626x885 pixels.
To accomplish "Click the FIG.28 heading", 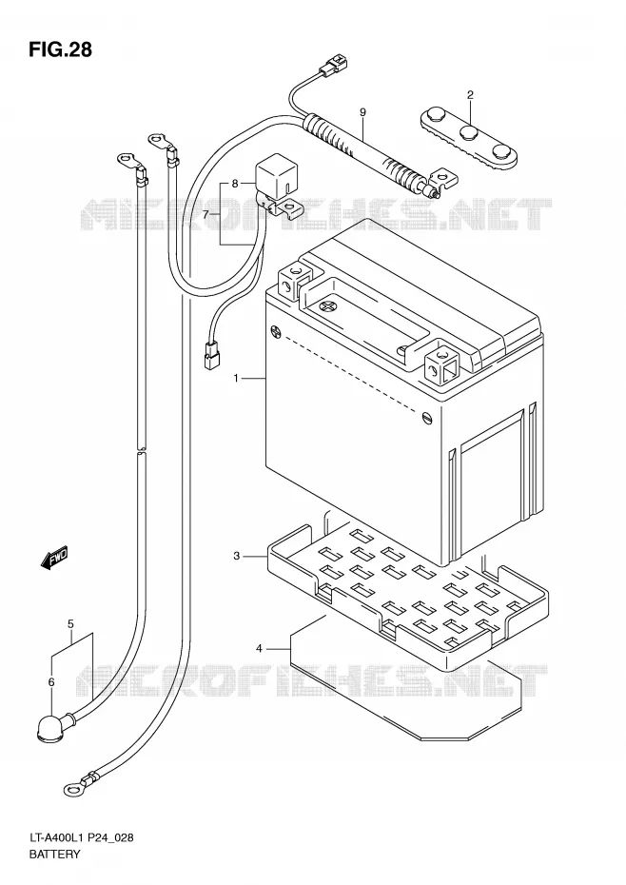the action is (60, 49).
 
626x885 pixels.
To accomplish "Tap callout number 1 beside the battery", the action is (237, 378).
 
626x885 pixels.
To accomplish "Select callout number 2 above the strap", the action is (470, 94).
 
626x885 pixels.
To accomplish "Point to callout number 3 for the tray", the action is (237, 556).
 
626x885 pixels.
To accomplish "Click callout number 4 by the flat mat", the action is (259, 648).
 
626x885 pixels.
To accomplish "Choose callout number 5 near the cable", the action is (70, 623).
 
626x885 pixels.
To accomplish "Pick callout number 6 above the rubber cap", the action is (51, 682).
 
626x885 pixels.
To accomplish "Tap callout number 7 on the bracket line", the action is (205, 214).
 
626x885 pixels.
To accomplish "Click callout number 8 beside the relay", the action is (235, 184).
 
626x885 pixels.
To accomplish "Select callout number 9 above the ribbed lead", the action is (363, 112).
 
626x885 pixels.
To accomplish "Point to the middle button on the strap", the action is (470, 133).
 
